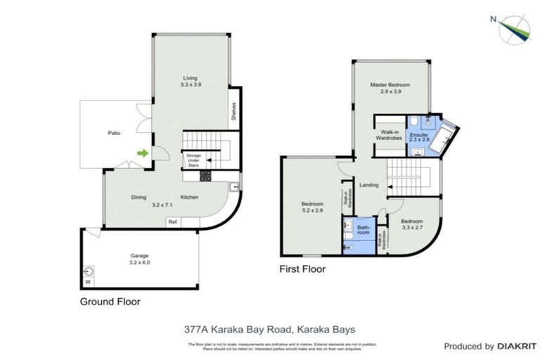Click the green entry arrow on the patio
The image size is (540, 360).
143,153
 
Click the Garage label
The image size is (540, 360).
140,259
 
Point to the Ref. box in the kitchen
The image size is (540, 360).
172,222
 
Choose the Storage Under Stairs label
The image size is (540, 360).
193,161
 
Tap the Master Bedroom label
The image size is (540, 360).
390,88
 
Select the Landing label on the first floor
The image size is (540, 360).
368,186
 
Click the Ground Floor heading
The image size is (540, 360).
110,302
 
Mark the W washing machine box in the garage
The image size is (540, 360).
88,283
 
